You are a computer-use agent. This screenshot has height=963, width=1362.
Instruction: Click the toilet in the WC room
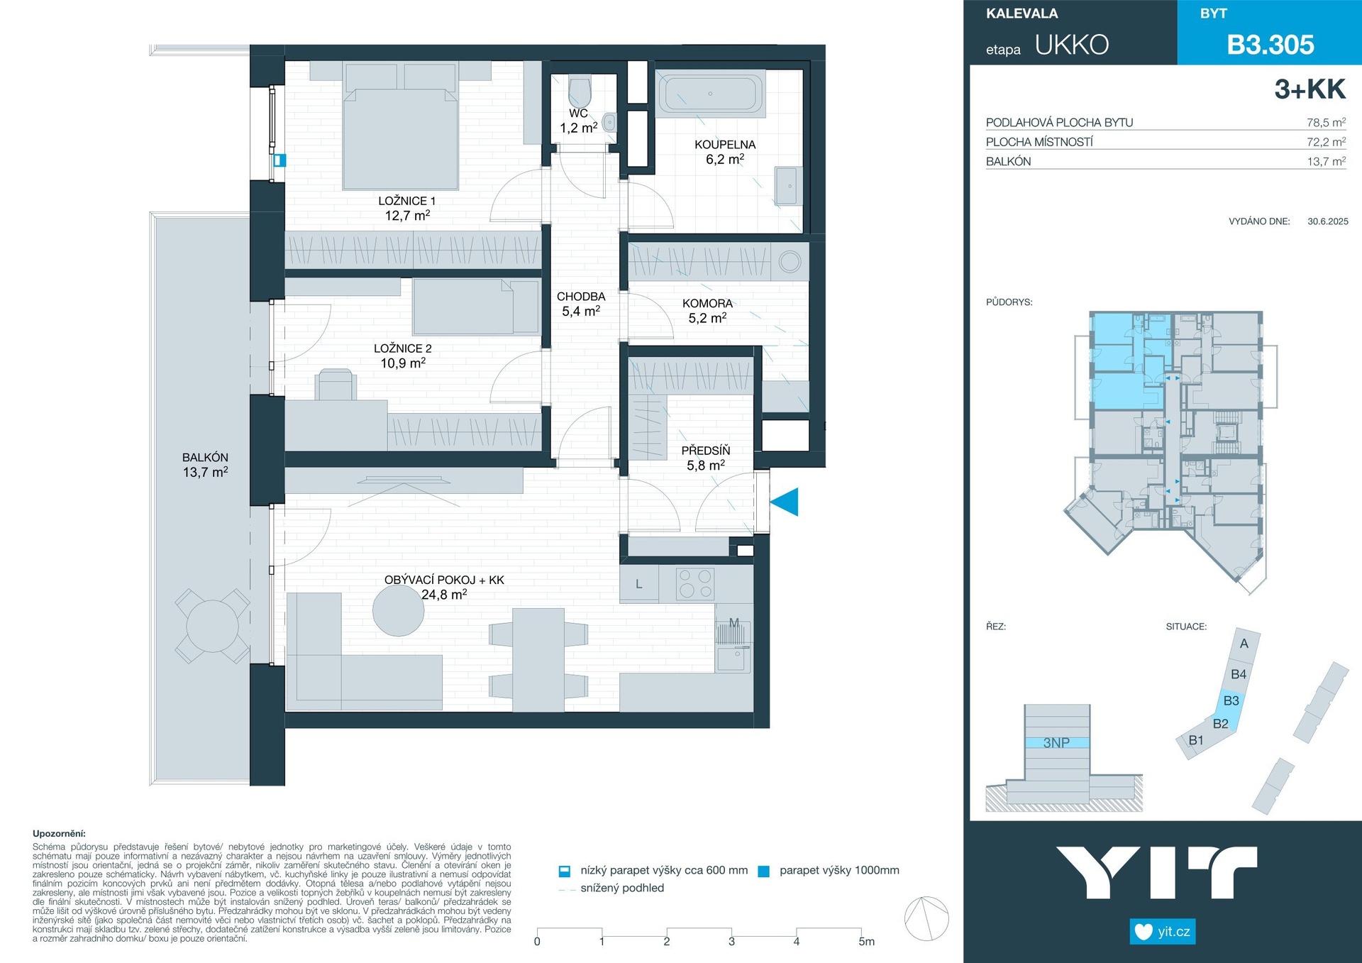point(580,91)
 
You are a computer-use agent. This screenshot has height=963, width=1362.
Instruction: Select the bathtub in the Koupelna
point(710,94)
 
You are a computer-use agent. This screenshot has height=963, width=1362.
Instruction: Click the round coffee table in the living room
point(399,610)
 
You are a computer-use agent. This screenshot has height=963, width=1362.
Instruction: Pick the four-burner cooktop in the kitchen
point(695,584)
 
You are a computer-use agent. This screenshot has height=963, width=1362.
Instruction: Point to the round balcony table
point(213,627)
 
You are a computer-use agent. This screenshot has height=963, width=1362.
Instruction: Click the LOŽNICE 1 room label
point(407,201)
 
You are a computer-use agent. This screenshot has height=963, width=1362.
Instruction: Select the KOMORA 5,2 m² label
point(707,311)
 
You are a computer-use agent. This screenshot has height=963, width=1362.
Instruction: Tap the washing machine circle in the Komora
point(790,262)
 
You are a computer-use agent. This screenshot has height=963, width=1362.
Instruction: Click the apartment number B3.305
point(1270,45)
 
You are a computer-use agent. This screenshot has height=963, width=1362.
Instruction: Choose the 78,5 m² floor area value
point(1326,122)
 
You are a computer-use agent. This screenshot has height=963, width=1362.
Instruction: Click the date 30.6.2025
point(1328,221)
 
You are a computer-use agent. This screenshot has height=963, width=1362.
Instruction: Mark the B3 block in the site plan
point(1231,700)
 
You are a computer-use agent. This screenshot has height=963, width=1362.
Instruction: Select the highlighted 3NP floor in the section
point(1057,743)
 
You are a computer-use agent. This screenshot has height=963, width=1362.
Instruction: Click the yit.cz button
point(1163,931)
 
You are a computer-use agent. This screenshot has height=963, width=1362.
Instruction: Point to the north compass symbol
point(926,918)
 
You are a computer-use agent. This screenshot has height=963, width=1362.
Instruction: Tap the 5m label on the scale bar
point(867,942)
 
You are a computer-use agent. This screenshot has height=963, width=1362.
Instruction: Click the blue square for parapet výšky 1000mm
point(764,871)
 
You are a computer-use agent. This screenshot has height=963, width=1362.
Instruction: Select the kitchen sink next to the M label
point(733,659)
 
